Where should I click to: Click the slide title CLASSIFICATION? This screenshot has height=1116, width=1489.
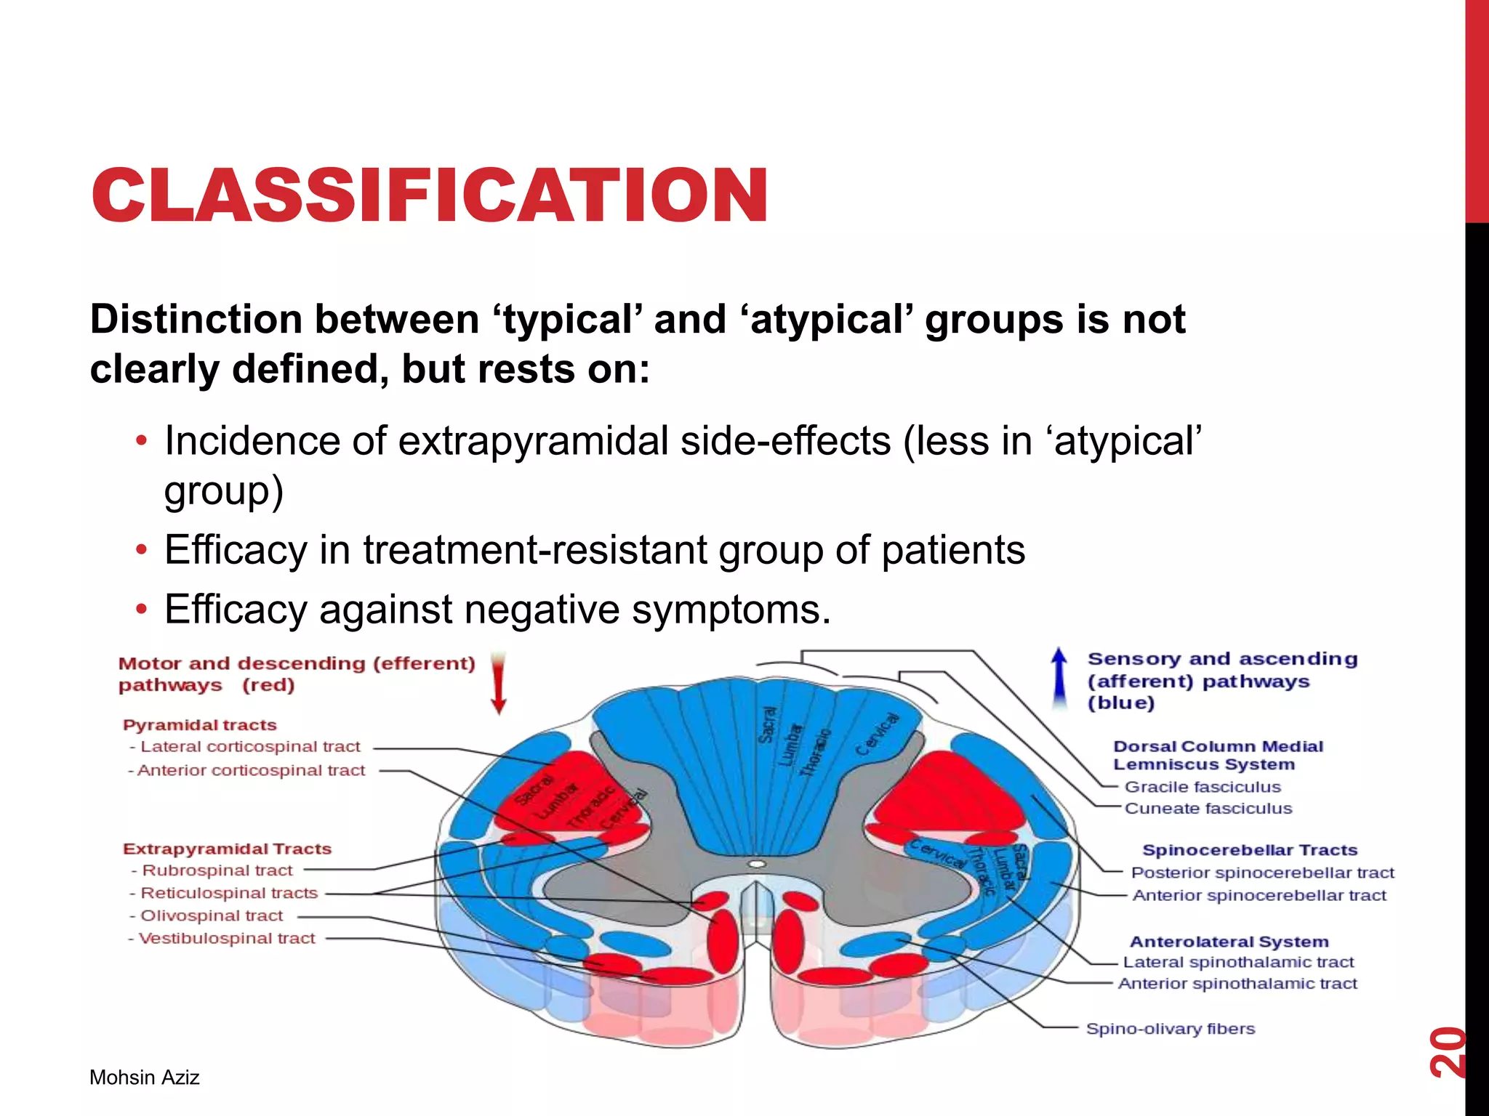coord(429,195)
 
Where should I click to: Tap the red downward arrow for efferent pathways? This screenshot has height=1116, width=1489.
coord(498,683)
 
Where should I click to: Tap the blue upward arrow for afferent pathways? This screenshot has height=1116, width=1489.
coord(1060,677)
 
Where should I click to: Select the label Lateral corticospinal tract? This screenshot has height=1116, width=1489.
coord(250,747)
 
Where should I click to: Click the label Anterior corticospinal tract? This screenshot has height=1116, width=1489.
coord(251,770)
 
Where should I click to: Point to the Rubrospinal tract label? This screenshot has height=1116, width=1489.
coord(217,870)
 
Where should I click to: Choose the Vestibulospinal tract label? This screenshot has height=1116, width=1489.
coord(226,939)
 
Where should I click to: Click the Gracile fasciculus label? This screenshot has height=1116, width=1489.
coord(1203,787)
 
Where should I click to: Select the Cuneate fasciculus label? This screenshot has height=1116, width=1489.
coord(1208,809)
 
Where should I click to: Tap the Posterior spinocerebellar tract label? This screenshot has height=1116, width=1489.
coord(1263,873)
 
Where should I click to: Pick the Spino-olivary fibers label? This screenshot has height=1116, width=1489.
coord(1171,1029)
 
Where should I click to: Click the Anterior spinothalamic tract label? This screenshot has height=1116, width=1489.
coord(1237,984)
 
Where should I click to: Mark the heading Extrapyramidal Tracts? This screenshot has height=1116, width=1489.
coord(227,849)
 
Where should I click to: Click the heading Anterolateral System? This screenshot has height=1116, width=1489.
coord(1229,942)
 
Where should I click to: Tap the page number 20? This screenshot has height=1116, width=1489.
coord(1447,1051)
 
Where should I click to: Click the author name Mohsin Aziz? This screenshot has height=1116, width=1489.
coord(144,1077)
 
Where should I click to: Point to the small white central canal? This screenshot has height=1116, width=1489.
coord(757,864)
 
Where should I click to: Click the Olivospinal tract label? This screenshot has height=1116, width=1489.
coord(211,916)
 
